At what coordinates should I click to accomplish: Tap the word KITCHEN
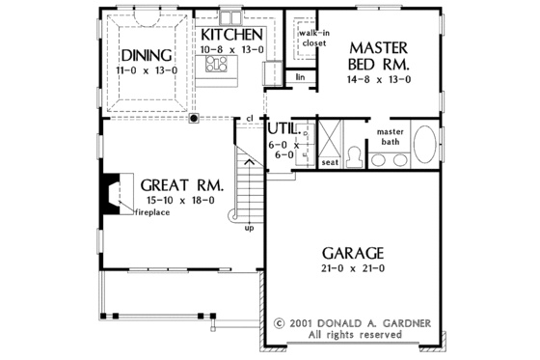click(232, 34)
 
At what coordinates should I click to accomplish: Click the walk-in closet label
click(310, 39)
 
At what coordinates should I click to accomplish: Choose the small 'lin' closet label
click(301, 76)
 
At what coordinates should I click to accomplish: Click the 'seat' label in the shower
click(328, 162)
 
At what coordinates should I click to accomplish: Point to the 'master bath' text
click(390, 137)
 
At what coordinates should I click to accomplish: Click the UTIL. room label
click(282, 127)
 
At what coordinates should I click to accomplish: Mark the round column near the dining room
click(194, 119)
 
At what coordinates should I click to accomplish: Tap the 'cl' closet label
click(249, 120)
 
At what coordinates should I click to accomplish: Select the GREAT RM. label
click(182, 184)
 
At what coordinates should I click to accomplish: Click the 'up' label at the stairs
click(251, 230)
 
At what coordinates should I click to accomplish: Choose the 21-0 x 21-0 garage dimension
click(355, 266)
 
